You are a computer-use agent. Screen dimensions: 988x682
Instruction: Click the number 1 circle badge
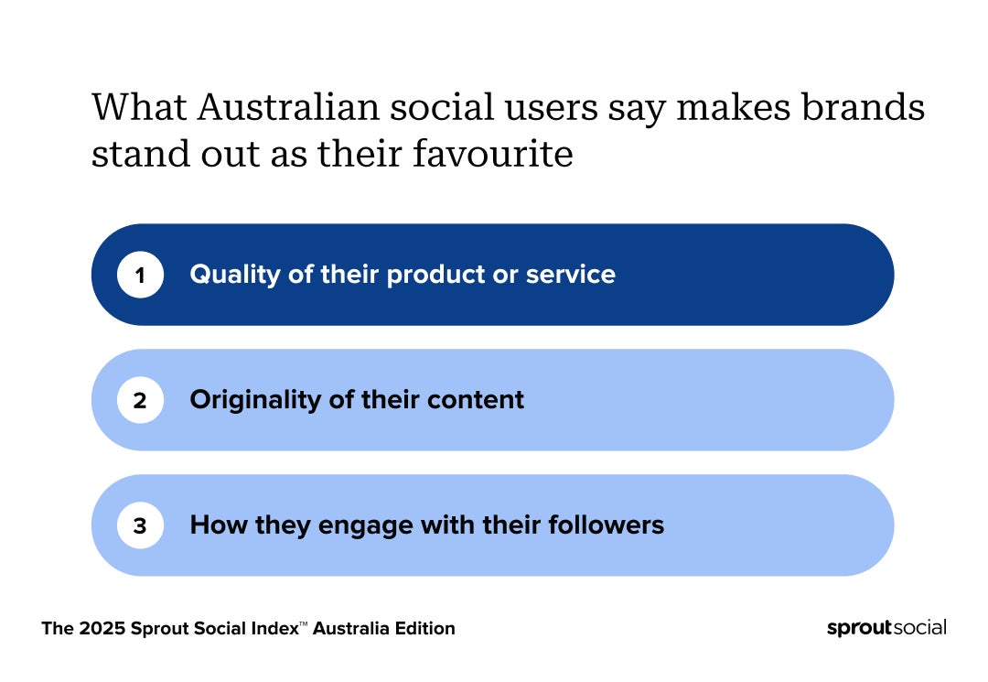(x=140, y=275)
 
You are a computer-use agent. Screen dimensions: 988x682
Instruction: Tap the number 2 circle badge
(x=140, y=400)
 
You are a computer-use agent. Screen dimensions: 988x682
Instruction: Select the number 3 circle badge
(x=140, y=525)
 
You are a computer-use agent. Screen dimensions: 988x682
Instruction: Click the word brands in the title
(x=864, y=106)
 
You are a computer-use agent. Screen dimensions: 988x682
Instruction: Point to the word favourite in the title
(x=493, y=153)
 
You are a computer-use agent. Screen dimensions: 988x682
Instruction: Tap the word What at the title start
(x=139, y=106)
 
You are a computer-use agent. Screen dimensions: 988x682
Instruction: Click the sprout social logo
(x=886, y=628)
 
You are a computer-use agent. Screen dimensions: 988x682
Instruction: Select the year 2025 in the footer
(x=102, y=628)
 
